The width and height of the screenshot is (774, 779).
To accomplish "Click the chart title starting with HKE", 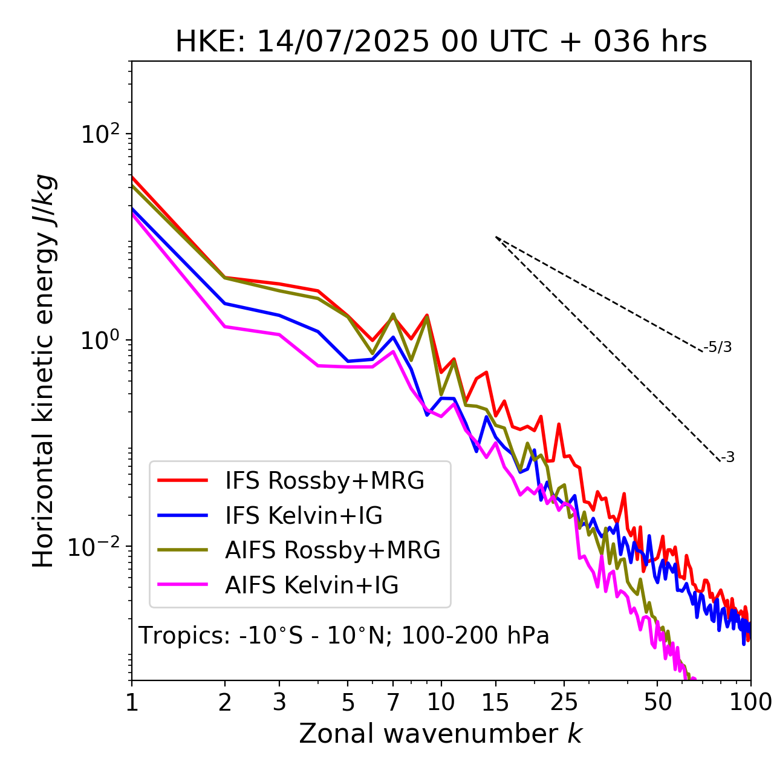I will [x=441, y=42].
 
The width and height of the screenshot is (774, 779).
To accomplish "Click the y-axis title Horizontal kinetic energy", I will [x=44, y=370].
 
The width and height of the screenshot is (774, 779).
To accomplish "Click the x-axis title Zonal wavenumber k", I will [x=440, y=733].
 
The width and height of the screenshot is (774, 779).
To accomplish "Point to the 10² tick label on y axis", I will [x=99, y=134].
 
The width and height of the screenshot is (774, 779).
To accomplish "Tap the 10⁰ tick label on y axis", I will [x=99, y=341].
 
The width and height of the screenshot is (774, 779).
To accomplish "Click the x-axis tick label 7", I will [x=393, y=702].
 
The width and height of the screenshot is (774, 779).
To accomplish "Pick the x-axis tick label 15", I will [x=495, y=702].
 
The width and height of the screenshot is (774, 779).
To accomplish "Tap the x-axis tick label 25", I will [x=564, y=702].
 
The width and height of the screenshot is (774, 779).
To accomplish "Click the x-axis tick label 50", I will [x=657, y=702].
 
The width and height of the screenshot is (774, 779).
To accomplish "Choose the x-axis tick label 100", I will [x=750, y=702].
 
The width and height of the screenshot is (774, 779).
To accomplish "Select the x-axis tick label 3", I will [x=279, y=702].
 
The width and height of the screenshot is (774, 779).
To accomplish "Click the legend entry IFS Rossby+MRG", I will [x=324, y=481].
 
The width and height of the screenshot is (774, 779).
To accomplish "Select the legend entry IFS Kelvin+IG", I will [x=304, y=515].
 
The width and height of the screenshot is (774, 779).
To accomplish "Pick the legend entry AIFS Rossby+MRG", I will [x=333, y=550].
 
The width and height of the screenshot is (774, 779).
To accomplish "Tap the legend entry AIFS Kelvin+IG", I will [x=312, y=585].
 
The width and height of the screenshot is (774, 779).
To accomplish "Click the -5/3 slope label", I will [x=718, y=347].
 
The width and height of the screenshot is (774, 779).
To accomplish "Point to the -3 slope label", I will [x=727, y=458].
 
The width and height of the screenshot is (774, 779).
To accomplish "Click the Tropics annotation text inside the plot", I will [x=343, y=636].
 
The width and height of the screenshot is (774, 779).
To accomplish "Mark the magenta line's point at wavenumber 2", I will [x=225, y=327].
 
